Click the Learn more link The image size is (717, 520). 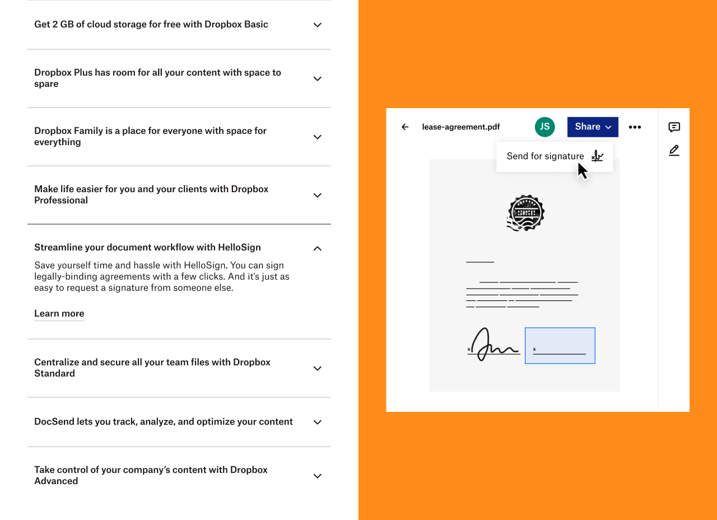pos(59,313)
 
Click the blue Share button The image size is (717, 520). pos(593,127)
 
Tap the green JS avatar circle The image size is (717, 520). pos(545,127)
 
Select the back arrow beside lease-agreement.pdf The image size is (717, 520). pos(405,127)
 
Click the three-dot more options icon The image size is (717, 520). pos(635,127)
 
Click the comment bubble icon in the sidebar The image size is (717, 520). pos(674,127)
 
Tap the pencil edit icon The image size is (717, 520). pos(674,151)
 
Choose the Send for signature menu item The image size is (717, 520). pos(555,156)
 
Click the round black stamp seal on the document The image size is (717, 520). pos(525,213)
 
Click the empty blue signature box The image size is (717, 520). pos(560,346)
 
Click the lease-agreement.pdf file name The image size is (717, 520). pos(461,127)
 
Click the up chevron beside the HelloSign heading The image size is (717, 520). pos(317,248)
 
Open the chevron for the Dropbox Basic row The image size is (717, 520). pos(317,25)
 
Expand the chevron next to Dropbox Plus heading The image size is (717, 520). pos(317,79)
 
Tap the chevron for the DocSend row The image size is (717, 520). pos(317,422)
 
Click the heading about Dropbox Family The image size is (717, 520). pos(151,136)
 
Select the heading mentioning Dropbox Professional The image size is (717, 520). pos(151,194)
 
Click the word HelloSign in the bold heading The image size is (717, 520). pos(239,248)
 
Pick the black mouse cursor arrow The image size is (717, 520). pos(583,171)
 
